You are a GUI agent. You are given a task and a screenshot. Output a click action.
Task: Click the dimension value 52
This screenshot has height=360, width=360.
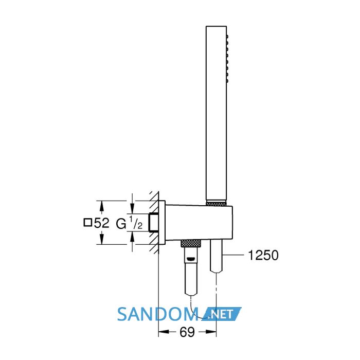click(x=101, y=223)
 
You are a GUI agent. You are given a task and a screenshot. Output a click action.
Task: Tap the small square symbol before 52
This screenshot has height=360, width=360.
click(x=88, y=223)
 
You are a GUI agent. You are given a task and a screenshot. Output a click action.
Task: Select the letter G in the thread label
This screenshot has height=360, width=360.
click(x=121, y=224)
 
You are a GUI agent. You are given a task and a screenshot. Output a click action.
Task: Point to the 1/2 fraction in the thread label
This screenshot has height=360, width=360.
click(x=135, y=223)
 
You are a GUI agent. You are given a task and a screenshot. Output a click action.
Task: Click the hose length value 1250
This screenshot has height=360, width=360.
click(x=263, y=255)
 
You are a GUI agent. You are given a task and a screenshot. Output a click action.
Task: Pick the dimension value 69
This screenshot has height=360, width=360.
click(x=187, y=332)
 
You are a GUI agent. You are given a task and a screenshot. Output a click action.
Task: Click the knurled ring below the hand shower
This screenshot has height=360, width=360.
click(x=217, y=203)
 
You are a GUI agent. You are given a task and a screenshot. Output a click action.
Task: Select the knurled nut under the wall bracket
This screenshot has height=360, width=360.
click(x=191, y=243)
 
